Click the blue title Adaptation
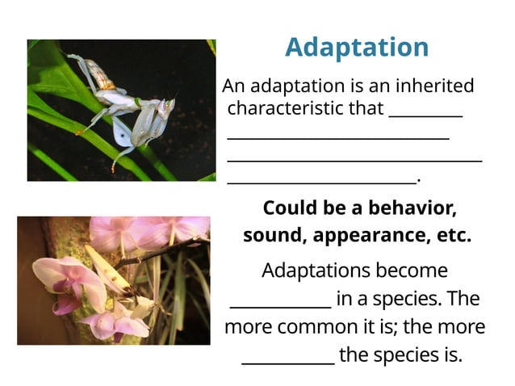356,47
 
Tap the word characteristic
295,108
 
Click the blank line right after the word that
425,115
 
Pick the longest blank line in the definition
354,160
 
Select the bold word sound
274,237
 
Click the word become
419,270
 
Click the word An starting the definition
232,86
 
